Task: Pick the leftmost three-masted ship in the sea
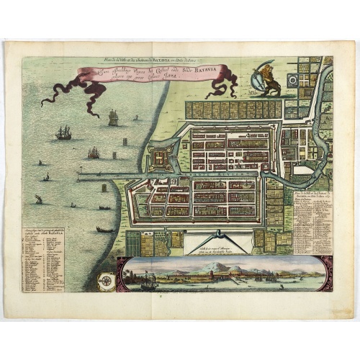[63, 132]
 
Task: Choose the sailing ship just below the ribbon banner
[113, 117]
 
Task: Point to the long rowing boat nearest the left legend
[105, 230]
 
